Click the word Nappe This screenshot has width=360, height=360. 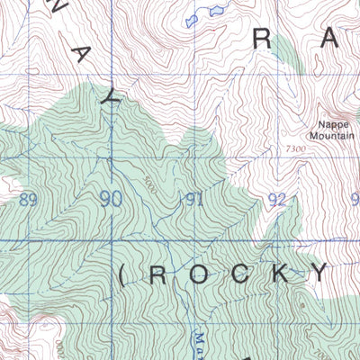(x=333, y=127)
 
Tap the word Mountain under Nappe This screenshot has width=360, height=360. (x=333, y=138)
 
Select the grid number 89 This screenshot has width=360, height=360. (x=28, y=200)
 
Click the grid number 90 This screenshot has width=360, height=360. (x=112, y=199)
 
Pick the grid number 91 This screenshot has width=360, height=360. (x=193, y=200)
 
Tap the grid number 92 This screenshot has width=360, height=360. (x=277, y=199)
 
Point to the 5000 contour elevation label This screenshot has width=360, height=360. (x=150, y=184)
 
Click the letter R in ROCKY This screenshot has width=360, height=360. (x=157, y=275)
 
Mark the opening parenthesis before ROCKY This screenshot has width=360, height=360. (x=121, y=275)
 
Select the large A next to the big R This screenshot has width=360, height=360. (x=329, y=38)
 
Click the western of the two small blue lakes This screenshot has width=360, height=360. (x=190, y=19)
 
